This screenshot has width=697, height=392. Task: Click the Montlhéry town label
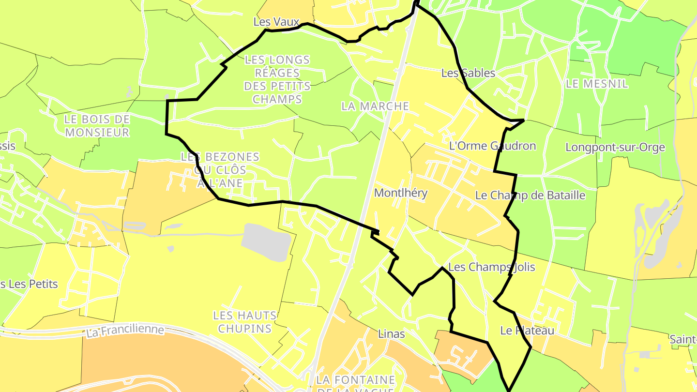coord(401,193)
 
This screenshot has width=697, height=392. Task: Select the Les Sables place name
coord(468,73)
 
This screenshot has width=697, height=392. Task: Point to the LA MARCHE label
coord(375,106)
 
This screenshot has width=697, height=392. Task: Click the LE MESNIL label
coord(597,84)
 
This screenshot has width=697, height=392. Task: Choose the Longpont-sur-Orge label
coord(615,147)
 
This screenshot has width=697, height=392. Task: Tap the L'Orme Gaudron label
coord(492,146)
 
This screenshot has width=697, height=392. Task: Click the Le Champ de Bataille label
coord(530,196)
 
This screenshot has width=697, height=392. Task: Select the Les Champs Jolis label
coord(491,267)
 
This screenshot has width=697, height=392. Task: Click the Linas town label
coord(391,334)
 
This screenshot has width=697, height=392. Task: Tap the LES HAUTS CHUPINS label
coord(245,322)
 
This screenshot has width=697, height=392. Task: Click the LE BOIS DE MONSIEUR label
coord(97,126)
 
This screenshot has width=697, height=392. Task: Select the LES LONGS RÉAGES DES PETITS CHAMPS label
coord(277,80)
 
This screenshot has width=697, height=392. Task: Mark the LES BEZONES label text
coord(220,157)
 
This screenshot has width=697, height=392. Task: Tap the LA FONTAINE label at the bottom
coord(356,380)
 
